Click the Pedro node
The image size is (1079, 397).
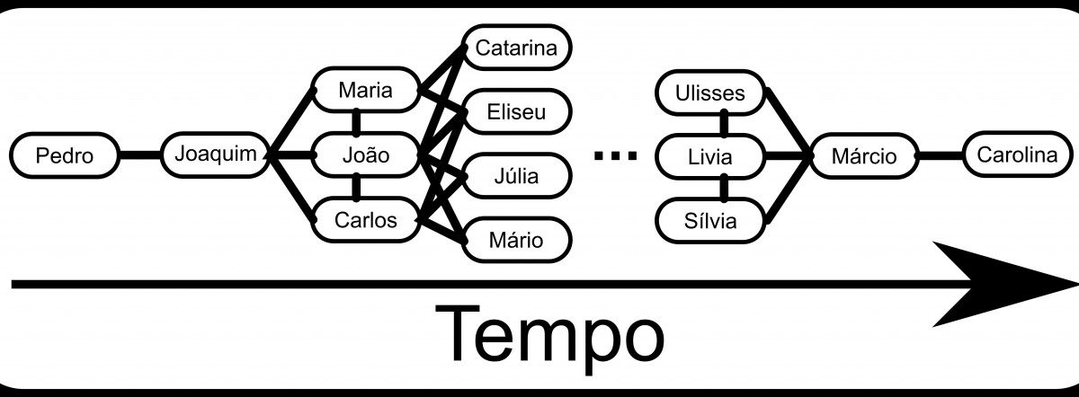(x=65, y=155)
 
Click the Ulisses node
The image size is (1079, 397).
(x=711, y=93)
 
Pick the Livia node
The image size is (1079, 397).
(x=711, y=157)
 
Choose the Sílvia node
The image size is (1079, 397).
(x=711, y=221)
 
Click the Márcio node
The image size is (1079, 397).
(x=863, y=156)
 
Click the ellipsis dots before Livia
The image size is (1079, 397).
(x=615, y=156)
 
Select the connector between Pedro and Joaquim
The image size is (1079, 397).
(x=140, y=155)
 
